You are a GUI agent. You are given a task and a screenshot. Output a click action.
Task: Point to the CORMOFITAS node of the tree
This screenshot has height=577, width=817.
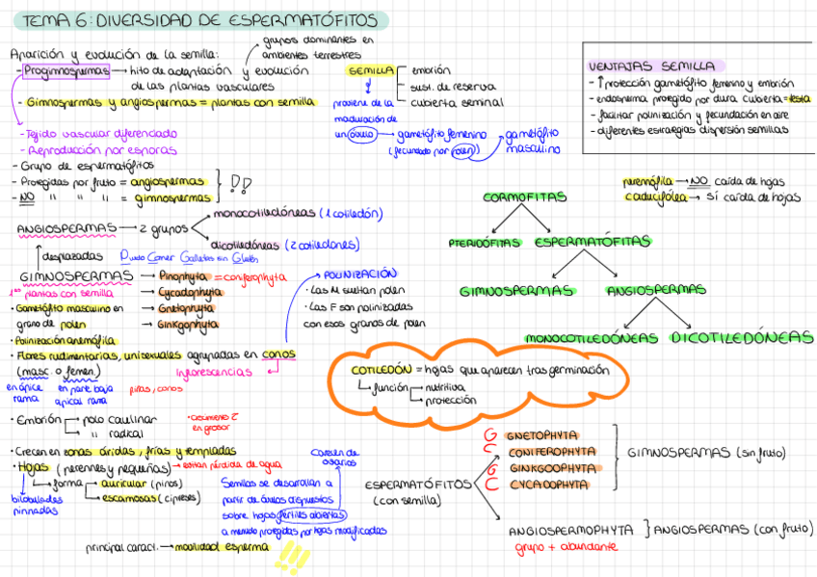524,197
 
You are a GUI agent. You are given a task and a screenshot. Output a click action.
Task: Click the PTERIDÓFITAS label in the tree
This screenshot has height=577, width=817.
488,242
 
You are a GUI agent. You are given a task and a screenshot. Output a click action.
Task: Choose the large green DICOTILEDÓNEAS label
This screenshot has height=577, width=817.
742,337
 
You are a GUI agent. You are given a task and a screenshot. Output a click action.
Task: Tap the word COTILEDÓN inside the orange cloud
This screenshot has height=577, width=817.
381,369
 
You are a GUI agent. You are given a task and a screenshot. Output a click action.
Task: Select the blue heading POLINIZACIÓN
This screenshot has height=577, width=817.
360,274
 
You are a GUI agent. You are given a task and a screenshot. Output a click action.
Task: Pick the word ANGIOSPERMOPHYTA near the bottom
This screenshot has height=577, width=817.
570,530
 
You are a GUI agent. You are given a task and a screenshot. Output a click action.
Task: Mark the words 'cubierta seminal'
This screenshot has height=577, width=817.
457,102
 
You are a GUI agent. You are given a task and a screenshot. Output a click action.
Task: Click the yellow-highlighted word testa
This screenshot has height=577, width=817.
798,98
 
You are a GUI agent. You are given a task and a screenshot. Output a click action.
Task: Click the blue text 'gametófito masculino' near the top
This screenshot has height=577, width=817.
532,142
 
